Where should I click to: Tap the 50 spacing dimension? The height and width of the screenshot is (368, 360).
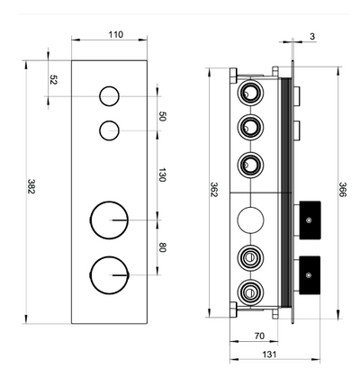[162, 115]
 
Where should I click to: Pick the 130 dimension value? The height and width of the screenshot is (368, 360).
[162, 175]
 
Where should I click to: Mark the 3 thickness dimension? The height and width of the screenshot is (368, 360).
[312, 37]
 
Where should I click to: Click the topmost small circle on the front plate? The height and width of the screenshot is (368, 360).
[109, 96]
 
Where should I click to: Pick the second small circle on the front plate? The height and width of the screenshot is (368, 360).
[109, 130]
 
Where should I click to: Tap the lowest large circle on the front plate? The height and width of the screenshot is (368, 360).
[109, 272]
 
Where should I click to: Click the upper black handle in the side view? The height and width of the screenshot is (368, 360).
[310, 217]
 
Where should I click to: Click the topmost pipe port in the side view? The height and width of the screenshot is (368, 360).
[248, 93]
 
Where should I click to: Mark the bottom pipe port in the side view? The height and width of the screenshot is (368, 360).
[248, 290]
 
